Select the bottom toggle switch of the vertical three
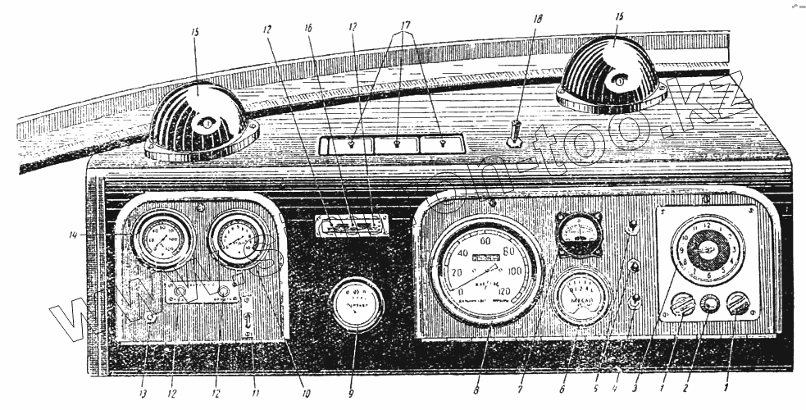coord(633,305)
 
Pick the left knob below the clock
coord(683,307)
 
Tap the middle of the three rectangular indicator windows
coord(396,145)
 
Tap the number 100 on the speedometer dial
coord(515,271)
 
